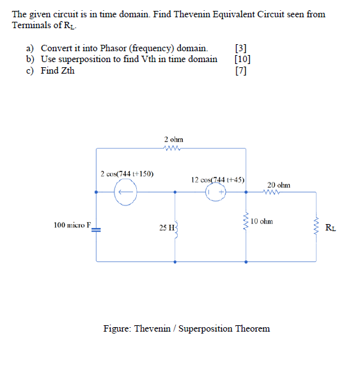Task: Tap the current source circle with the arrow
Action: pyautogui.click(x=126, y=191)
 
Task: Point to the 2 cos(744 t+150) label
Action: pyautogui.click(x=127, y=173)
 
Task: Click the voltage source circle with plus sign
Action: pyautogui.click(x=215, y=191)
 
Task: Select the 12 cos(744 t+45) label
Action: pyautogui.click(x=219, y=180)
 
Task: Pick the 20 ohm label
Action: pyautogui.click(x=279, y=184)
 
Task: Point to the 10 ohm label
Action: pyautogui.click(x=262, y=222)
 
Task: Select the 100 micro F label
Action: pyautogui.click(x=73, y=225)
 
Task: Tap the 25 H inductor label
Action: pyautogui.click(x=166, y=228)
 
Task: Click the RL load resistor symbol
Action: pyautogui.click(x=316, y=225)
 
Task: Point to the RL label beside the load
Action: pyautogui.click(x=329, y=227)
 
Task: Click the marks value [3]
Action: pyautogui.click(x=241, y=48)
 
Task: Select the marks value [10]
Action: pyautogui.click(x=243, y=59)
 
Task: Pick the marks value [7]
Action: pyautogui.click(x=241, y=70)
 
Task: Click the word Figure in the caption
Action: pyautogui.click(x=118, y=328)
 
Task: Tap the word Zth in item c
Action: pyautogui.click(x=66, y=70)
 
